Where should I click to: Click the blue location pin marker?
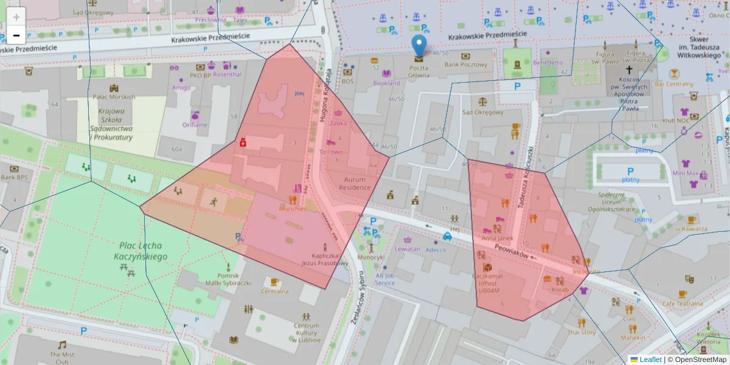[419, 46]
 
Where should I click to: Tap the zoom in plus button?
[16, 17]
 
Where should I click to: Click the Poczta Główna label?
[419, 72]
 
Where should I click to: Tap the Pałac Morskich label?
[114, 97]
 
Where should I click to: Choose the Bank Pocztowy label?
[466, 64]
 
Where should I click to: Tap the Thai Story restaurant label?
[582, 333]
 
